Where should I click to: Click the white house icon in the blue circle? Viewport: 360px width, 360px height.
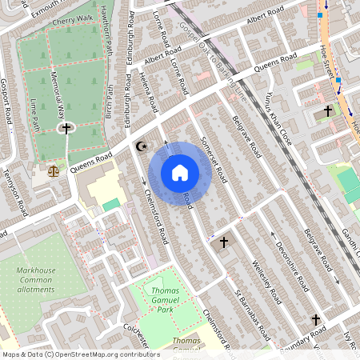pyautogui.click(x=180, y=173)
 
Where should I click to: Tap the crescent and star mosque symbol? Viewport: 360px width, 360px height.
pyautogui.click(x=142, y=146)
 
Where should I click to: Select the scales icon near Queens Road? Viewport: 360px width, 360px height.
pyautogui.click(x=54, y=170)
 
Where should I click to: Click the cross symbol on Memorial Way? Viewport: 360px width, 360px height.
pyautogui.click(x=66, y=127)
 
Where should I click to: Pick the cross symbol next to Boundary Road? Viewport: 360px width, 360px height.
pyautogui.click(x=315, y=320)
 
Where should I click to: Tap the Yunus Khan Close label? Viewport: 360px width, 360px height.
pyautogui.click(x=273, y=107)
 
